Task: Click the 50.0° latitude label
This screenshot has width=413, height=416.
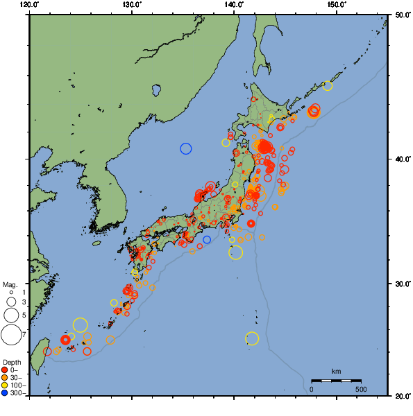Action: [x=401, y=15]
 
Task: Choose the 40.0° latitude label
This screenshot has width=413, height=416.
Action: [x=401, y=159]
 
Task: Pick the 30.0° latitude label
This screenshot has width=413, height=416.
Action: [x=401, y=284]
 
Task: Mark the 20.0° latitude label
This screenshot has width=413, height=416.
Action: [x=401, y=396]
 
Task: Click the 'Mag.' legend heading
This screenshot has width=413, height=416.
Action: [x=10, y=284]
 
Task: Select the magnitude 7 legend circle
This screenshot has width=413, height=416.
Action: [x=11, y=335]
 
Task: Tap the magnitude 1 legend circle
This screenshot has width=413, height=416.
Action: [x=11, y=293]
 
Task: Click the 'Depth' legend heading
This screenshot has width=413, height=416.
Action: [x=11, y=363]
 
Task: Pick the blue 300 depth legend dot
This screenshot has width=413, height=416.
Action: [x=5, y=393]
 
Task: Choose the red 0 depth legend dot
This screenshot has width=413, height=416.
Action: [x=5, y=370]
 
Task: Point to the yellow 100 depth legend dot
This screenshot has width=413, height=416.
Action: [x=5, y=385]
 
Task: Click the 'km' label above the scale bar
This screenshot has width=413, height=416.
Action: [x=336, y=372]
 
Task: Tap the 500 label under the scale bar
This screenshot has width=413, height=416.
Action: [x=361, y=389]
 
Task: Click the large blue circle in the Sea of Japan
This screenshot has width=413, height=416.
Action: [x=186, y=148]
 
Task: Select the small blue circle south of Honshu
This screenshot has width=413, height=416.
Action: [x=207, y=240]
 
